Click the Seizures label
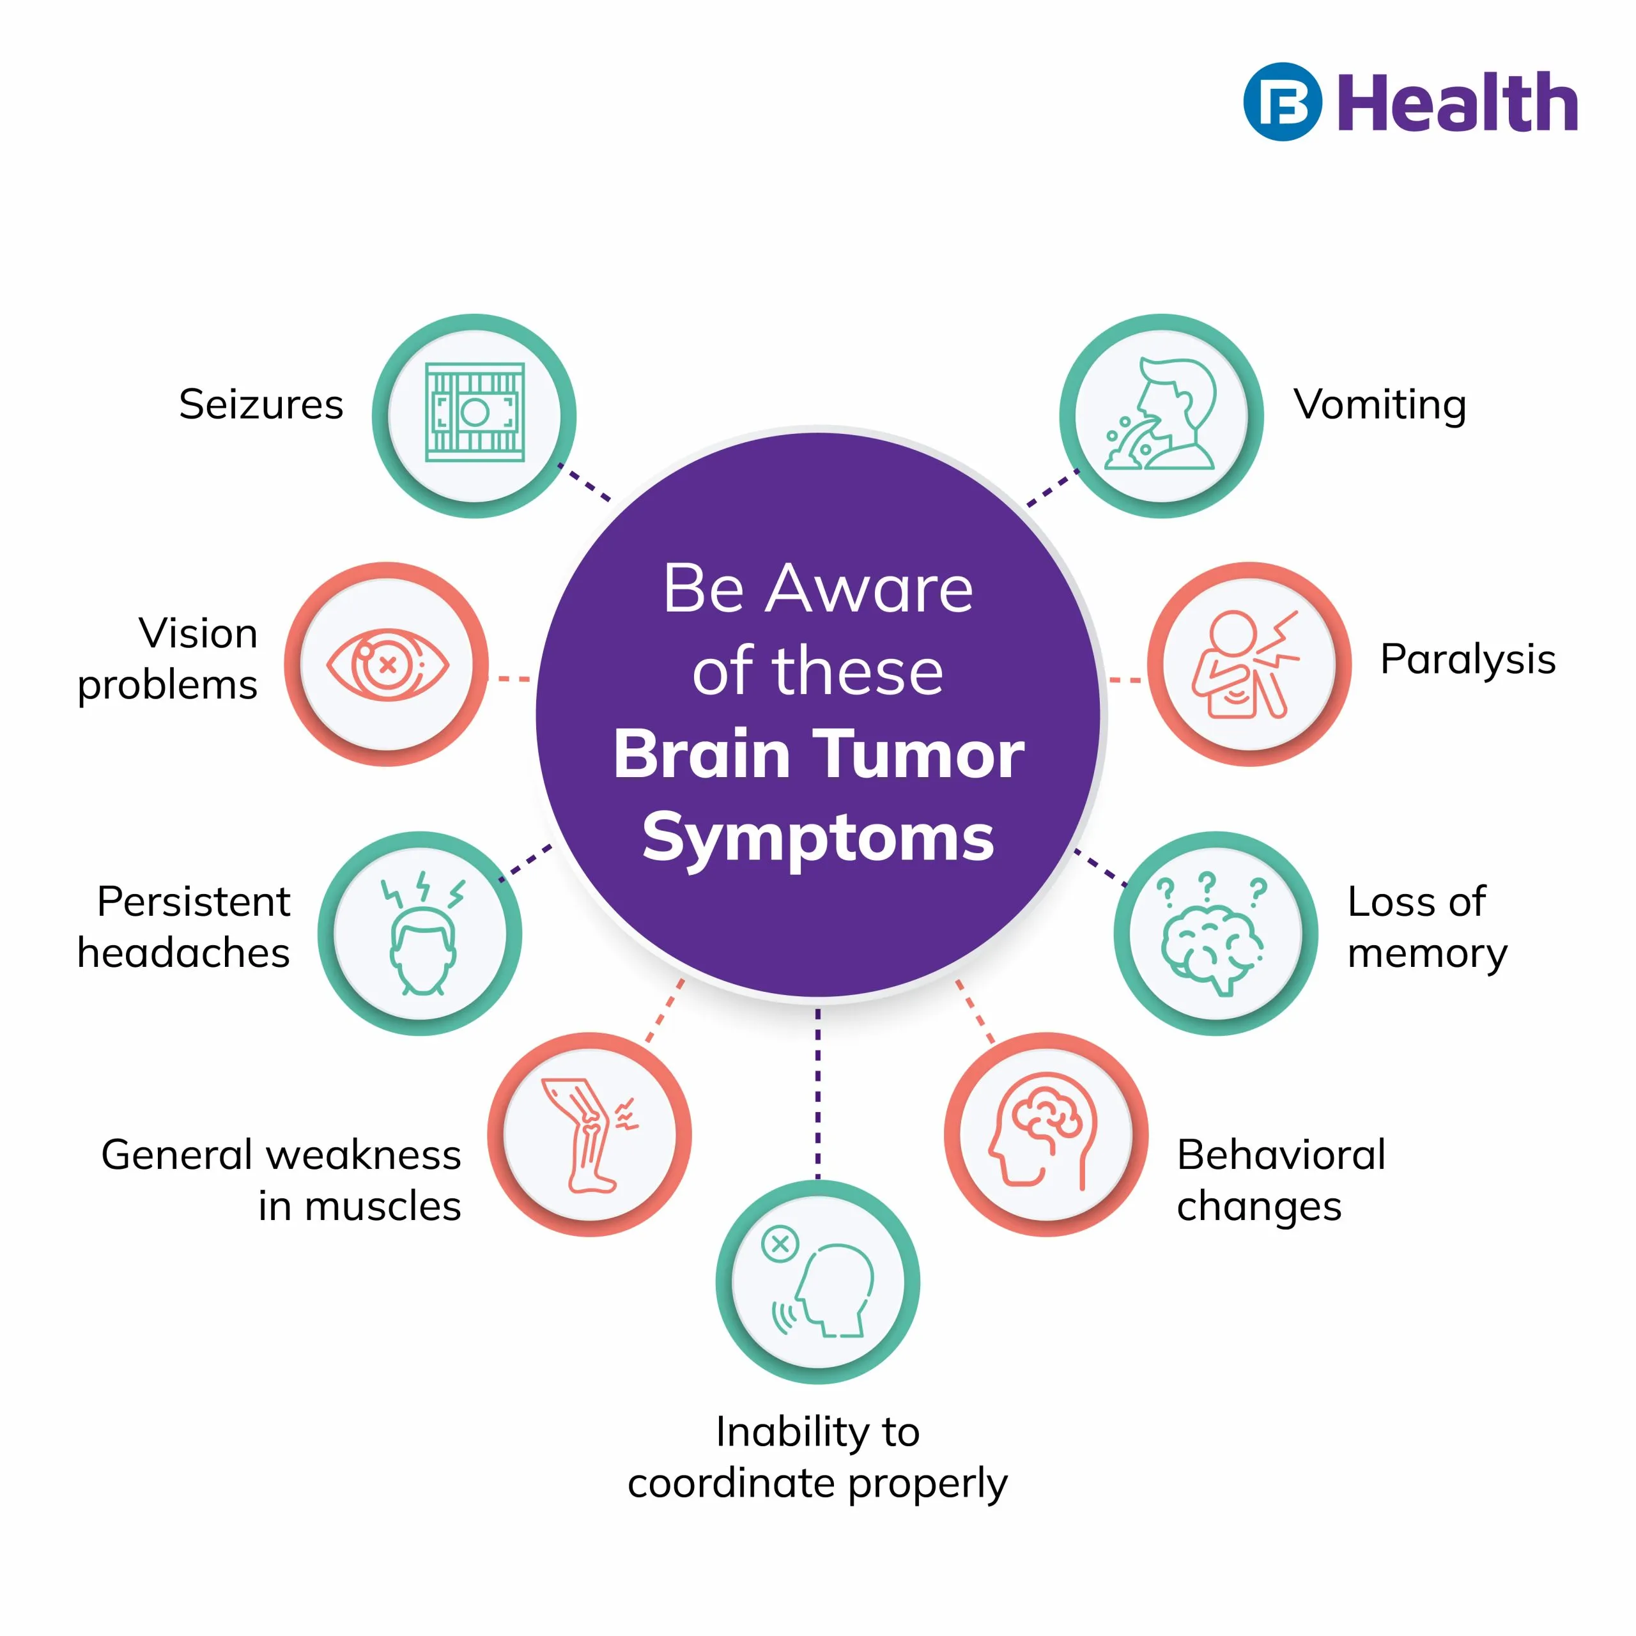(x=261, y=405)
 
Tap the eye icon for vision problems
(x=388, y=665)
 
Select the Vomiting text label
(x=1380, y=406)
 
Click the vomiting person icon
(x=1161, y=415)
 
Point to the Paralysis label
(x=1467, y=660)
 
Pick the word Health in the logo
(x=1457, y=104)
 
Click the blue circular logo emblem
(x=1282, y=102)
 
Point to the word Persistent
(x=193, y=902)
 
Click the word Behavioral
(x=1280, y=1155)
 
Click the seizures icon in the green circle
(x=474, y=413)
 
